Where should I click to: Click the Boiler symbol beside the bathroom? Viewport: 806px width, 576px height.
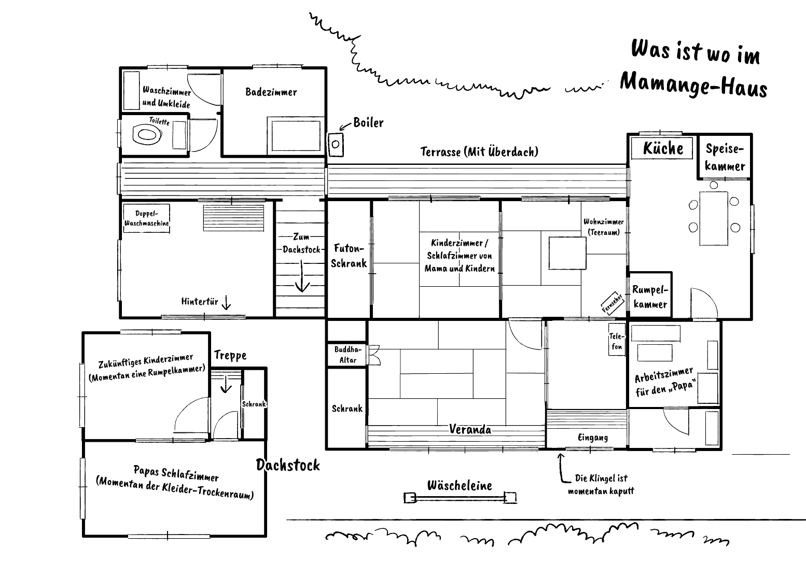(x=336, y=144)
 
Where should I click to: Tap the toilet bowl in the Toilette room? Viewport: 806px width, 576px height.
(x=147, y=135)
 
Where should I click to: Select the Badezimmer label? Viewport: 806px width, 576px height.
(x=271, y=92)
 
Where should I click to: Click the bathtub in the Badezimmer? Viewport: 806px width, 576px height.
(x=296, y=136)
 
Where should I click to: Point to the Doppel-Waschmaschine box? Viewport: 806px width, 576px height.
(x=146, y=218)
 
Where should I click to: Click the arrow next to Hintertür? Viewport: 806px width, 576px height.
(x=226, y=303)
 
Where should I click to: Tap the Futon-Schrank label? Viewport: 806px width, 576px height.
(x=349, y=256)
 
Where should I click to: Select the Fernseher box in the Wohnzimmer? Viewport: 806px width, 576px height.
(x=612, y=303)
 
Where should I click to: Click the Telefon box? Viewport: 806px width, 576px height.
(x=617, y=340)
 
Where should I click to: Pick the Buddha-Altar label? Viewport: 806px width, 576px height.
(x=348, y=355)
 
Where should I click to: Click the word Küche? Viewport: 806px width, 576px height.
(x=663, y=149)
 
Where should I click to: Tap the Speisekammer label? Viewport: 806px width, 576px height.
(x=725, y=157)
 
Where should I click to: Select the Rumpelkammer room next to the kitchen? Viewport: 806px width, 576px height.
(x=650, y=295)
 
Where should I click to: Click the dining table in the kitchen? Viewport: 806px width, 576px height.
(x=714, y=218)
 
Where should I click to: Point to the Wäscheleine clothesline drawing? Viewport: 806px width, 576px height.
(x=460, y=498)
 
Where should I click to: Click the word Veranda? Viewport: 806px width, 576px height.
(x=470, y=430)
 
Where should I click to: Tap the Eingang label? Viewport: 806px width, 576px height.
(x=593, y=438)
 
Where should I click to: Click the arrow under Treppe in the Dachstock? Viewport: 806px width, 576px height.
(x=226, y=384)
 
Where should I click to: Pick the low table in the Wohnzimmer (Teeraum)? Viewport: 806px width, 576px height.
(x=567, y=253)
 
